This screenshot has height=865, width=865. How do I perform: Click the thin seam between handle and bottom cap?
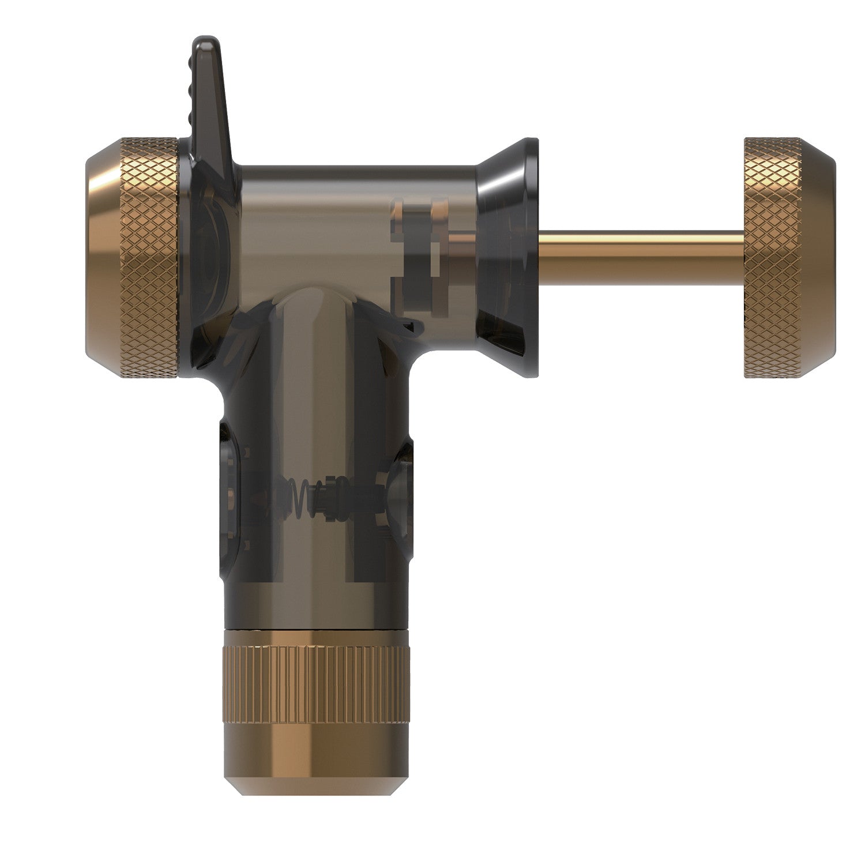(x=317, y=629)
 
